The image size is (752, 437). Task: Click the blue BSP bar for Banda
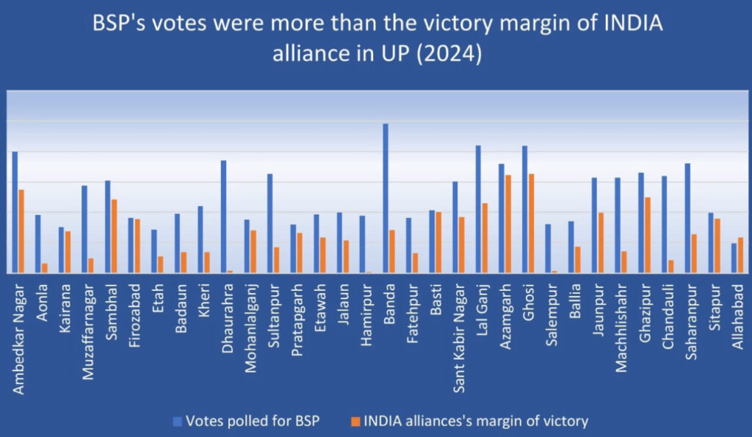tap(386, 198)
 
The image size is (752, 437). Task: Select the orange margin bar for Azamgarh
tap(508, 224)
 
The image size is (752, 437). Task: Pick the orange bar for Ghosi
tap(531, 223)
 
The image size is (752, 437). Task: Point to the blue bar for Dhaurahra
tap(223, 217)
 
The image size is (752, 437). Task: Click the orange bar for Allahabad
tap(740, 255)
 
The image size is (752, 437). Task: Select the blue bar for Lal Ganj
tap(478, 209)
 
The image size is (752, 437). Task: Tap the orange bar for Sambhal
tap(114, 236)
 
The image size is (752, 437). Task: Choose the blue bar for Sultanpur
tap(270, 223)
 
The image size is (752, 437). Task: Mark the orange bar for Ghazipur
tap(647, 235)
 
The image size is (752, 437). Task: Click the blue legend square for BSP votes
tap(176, 421)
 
